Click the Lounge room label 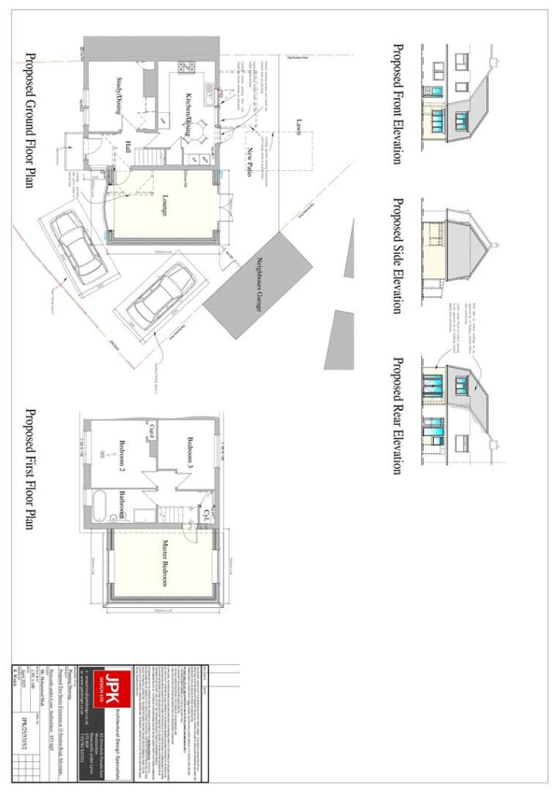pos(165,203)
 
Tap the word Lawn pos(298,127)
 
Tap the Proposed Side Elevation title pos(397,255)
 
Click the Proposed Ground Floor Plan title pos(31,121)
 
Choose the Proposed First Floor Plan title pos(31,469)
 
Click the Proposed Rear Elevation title pos(397,415)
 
